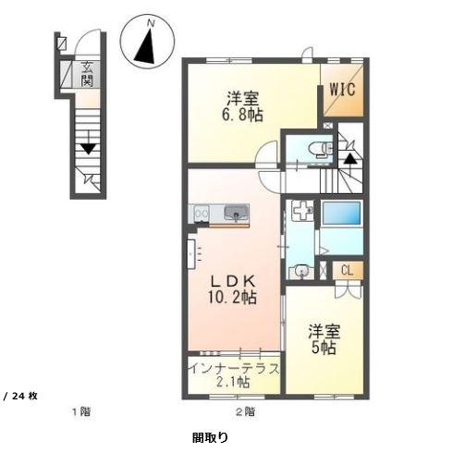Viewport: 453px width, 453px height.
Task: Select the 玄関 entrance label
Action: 86,73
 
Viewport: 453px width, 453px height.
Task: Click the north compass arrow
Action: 145,47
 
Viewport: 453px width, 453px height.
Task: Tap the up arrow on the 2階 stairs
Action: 350,157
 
